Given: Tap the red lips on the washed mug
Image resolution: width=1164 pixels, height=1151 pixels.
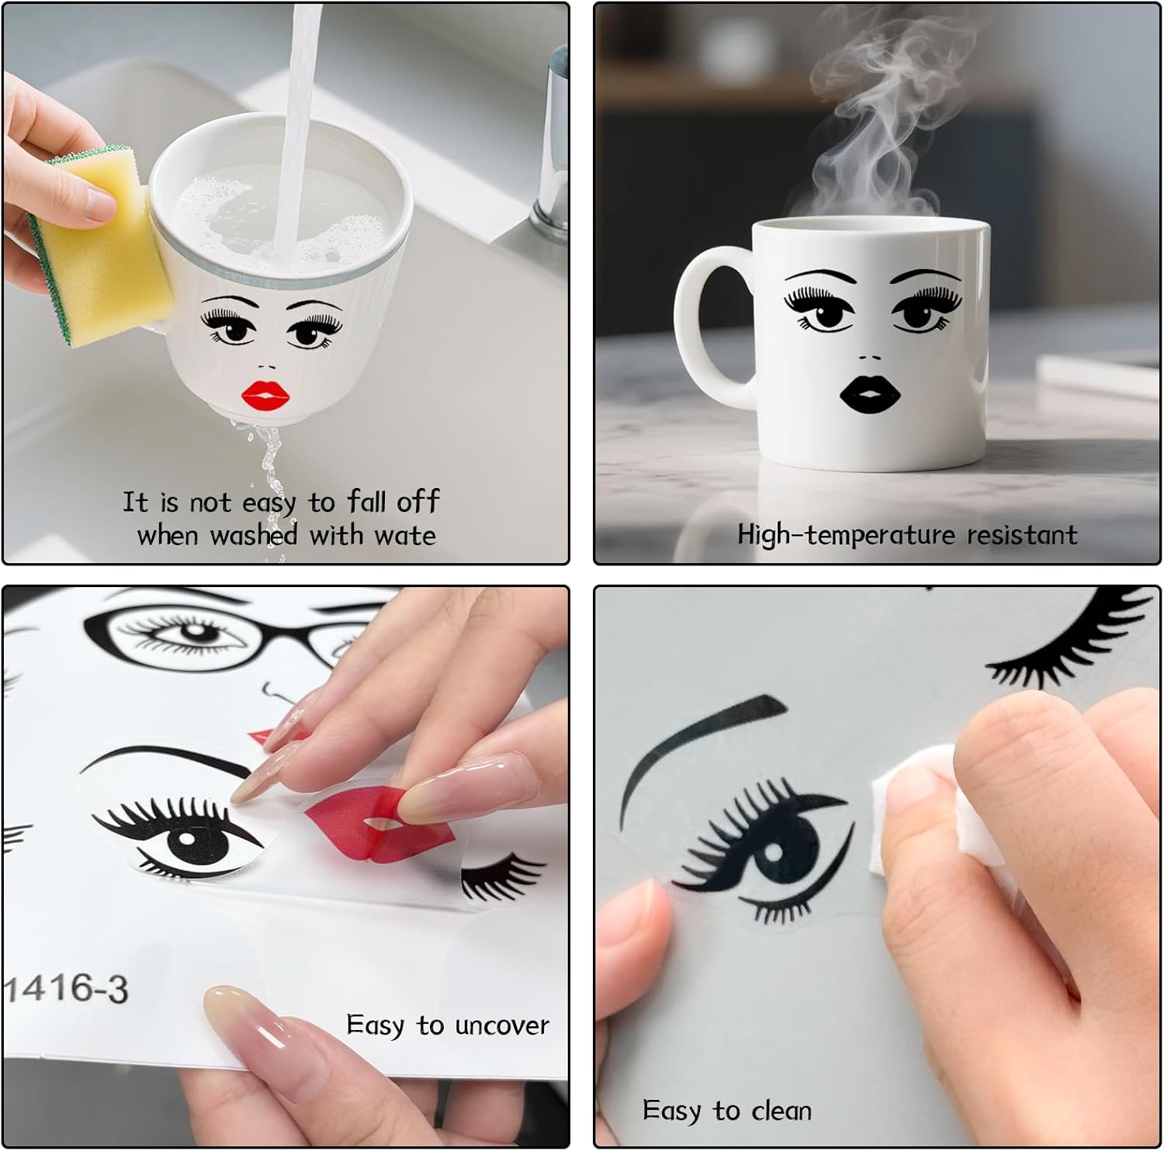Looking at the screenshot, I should (265, 396).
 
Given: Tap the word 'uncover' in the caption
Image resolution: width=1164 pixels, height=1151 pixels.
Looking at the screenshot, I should (502, 1025).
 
